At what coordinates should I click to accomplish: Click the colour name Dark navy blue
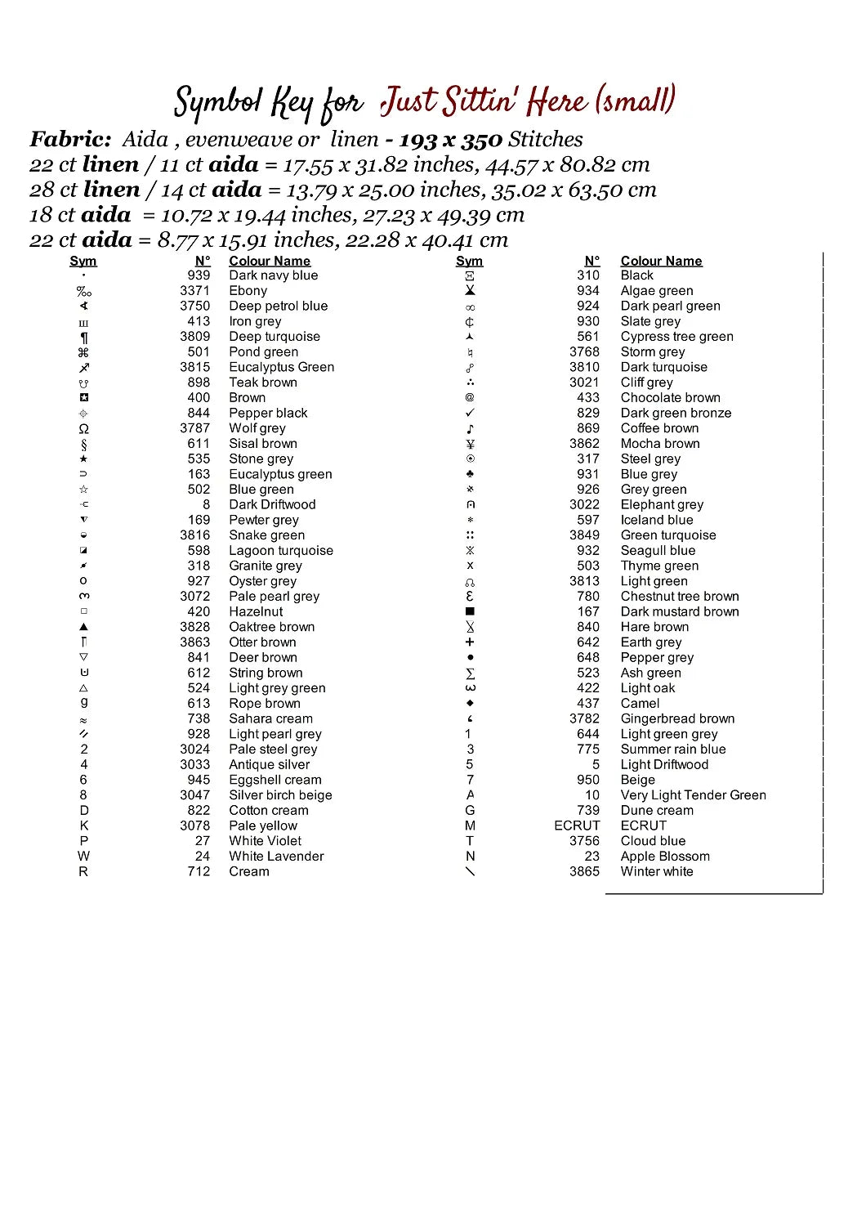(x=273, y=275)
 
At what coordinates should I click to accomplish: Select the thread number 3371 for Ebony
(x=194, y=291)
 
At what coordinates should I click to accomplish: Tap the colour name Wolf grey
(x=257, y=428)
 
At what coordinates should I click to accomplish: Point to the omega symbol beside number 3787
(x=83, y=429)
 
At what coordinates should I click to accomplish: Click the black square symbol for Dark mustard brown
(x=470, y=611)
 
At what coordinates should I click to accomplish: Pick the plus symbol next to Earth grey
(x=470, y=642)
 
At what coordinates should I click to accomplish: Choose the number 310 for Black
(x=587, y=275)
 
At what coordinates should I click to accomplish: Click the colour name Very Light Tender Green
(x=693, y=795)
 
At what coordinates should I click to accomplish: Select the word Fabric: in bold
(x=70, y=140)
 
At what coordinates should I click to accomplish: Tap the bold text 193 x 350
(x=450, y=141)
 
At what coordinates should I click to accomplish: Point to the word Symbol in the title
(x=217, y=104)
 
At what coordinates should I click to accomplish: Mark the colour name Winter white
(x=656, y=872)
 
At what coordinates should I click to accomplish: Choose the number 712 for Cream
(x=199, y=872)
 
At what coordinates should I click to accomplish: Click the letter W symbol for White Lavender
(x=83, y=857)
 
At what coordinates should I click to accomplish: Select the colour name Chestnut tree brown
(x=679, y=597)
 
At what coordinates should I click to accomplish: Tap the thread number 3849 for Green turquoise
(x=584, y=535)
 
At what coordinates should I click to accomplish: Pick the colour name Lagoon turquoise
(x=280, y=551)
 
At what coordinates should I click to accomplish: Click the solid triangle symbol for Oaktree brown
(x=83, y=627)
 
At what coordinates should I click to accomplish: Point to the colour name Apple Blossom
(x=664, y=857)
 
